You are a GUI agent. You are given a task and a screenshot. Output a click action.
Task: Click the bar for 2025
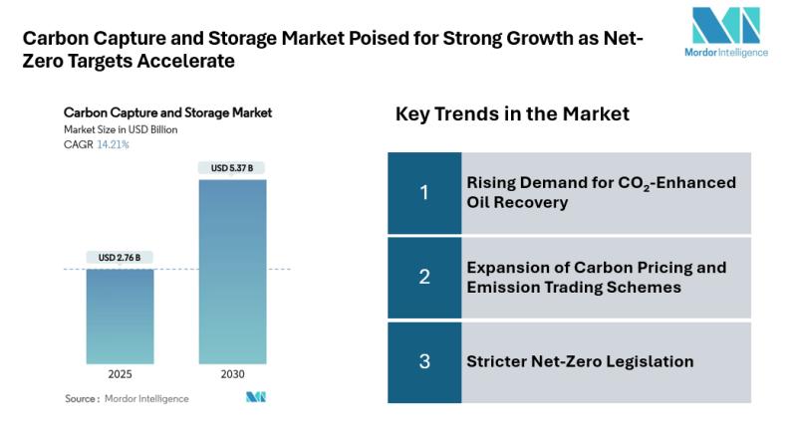click(120, 316)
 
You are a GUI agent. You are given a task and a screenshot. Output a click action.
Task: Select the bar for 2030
click(232, 271)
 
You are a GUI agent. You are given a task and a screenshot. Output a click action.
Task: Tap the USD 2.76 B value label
click(120, 258)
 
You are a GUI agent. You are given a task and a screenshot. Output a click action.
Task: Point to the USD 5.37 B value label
click(232, 168)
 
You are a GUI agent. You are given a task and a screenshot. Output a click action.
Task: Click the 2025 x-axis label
click(120, 376)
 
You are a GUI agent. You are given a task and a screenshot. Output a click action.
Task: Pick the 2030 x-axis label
click(232, 376)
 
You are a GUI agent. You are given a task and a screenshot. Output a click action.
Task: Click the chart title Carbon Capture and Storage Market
click(167, 112)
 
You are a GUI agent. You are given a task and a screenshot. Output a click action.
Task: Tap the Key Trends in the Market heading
click(512, 114)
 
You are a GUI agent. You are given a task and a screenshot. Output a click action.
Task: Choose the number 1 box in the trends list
click(423, 193)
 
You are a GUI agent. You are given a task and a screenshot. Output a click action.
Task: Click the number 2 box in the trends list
click(423, 278)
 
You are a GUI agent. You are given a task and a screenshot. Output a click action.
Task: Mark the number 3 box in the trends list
click(423, 361)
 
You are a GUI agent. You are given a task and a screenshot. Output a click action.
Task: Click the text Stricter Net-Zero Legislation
click(580, 361)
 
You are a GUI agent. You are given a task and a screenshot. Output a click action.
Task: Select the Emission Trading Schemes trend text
click(596, 278)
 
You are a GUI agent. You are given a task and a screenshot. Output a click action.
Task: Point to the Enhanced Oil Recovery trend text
click(601, 193)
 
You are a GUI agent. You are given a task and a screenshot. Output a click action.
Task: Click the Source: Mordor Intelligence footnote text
click(127, 398)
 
